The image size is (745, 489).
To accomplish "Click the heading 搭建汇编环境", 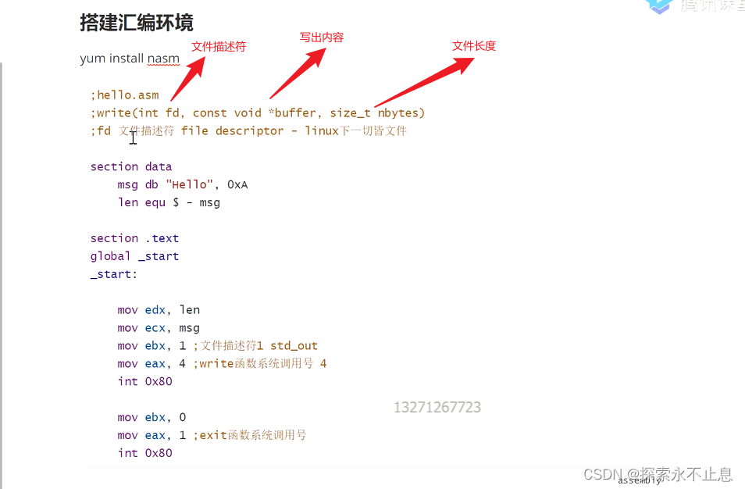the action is pos(137,23).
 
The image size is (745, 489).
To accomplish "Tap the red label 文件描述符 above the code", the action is pos(219,47).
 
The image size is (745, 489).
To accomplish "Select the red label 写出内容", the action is pos(322,37).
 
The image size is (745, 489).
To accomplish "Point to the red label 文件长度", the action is pos(474,46).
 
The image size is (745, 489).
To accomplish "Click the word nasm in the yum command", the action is pos(163,59).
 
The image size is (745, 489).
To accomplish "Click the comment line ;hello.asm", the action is pos(125,95).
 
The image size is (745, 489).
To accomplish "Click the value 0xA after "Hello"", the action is pos(237,185).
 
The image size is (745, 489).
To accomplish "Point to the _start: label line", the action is pos(114,274).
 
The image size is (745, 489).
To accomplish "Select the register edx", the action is pos(155,310).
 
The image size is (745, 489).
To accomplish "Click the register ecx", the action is pos(155,328).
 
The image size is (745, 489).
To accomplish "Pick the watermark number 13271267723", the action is pos(437,408).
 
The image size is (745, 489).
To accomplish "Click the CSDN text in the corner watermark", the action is pos(601,474).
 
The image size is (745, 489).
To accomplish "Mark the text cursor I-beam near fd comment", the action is pos(134,137).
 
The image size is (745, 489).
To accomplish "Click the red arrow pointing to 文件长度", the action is pos(426,81).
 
